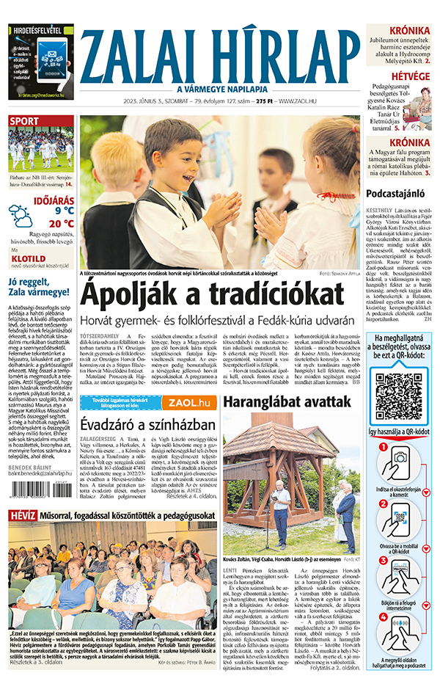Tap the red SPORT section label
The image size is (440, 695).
pos(24,121)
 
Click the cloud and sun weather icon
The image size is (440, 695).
pos(21,216)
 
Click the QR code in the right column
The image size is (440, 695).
pos(400,397)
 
